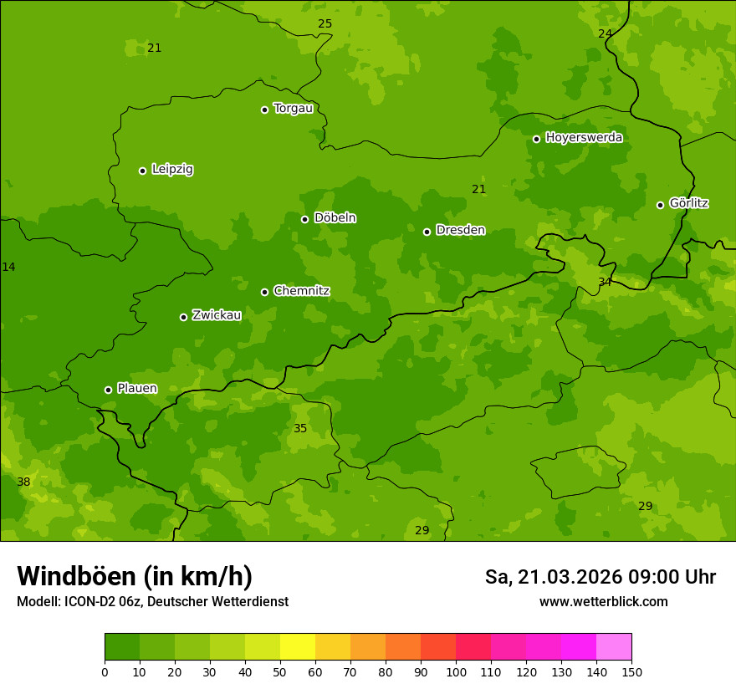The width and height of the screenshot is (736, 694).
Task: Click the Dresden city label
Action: (x=460, y=230)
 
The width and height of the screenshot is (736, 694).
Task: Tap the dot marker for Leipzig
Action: (x=143, y=171)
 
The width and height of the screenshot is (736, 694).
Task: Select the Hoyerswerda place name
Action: (x=584, y=137)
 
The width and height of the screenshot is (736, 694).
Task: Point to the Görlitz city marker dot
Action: (x=660, y=205)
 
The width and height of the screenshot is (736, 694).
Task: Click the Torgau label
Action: (x=293, y=109)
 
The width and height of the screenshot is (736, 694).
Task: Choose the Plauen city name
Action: (x=137, y=388)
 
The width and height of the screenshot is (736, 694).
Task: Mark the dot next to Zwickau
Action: (x=183, y=317)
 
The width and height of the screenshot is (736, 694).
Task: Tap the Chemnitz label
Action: (x=301, y=291)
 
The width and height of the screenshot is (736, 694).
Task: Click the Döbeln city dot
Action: (x=305, y=219)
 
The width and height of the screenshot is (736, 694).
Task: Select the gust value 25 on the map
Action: (x=325, y=23)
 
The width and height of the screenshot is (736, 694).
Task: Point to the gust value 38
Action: (x=23, y=482)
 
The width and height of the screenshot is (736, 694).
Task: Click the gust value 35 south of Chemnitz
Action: (x=300, y=428)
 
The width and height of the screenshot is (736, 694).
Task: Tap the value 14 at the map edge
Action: (x=8, y=267)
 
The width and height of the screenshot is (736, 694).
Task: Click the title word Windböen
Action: (x=76, y=576)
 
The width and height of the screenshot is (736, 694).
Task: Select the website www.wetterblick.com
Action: (x=603, y=601)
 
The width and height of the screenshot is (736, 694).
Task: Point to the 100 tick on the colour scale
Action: (x=456, y=671)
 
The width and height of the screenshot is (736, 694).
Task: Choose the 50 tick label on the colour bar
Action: (x=280, y=671)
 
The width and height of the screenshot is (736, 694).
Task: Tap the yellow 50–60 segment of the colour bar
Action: (x=298, y=647)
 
